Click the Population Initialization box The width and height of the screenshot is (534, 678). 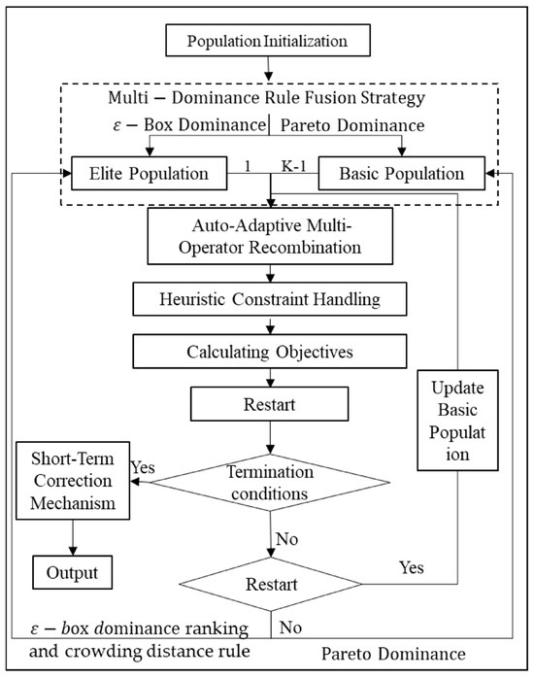tap(266, 41)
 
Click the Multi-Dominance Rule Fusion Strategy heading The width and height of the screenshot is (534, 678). tap(266, 102)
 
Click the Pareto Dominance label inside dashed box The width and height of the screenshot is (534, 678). tap(342, 126)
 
